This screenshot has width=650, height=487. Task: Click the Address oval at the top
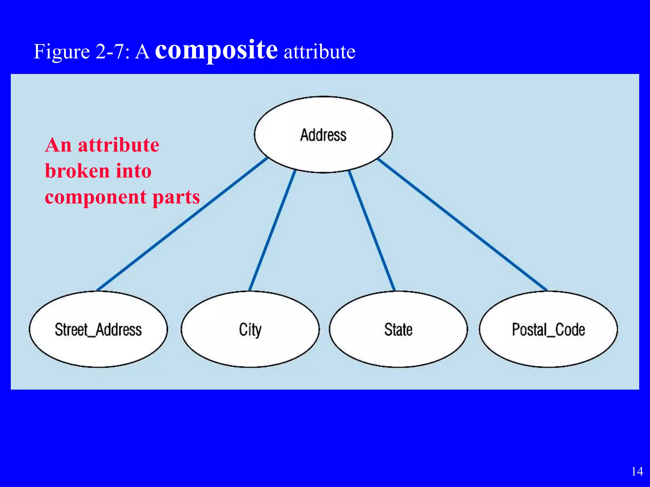[x=323, y=135]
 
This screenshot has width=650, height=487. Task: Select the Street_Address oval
[x=98, y=329]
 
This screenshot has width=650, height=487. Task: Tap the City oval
[x=250, y=329]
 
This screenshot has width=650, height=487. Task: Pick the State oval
[x=398, y=329]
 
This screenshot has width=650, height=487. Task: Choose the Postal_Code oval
[x=548, y=329]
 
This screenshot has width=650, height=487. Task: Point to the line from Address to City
[x=272, y=231]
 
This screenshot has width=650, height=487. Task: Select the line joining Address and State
[x=372, y=231]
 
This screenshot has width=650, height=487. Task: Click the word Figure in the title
[x=62, y=52]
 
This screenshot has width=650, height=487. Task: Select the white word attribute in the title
[x=319, y=52]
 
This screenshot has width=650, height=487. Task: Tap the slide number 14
[x=637, y=471]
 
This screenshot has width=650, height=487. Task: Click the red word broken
[x=77, y=171]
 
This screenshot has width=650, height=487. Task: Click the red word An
[x=58, y=145]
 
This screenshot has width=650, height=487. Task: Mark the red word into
[x=134, y=171]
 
